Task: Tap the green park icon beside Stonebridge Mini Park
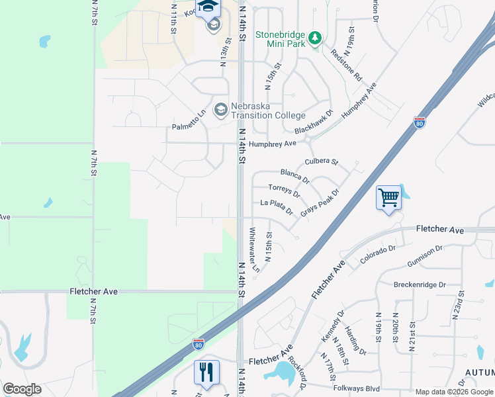[x=316, y=38]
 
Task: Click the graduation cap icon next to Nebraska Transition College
[x=221, y=109]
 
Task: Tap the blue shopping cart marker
[x=388, y=197]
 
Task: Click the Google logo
[x=22, y=389]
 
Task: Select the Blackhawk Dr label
[x=313, y=122]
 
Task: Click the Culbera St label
[x=322, y=162]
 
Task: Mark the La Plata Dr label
[x=277, y=207]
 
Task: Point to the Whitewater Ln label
[x=253, y=250]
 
